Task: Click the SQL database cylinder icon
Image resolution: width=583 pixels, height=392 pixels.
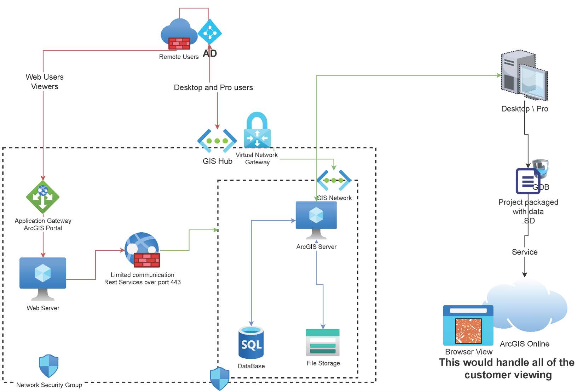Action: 251,342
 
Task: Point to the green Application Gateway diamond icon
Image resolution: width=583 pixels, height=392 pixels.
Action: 43,197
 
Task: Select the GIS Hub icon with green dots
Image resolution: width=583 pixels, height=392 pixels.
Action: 217,141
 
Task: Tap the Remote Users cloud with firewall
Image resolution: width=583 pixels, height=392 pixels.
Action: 179,35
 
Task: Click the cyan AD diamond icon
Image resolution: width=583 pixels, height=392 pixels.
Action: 210,33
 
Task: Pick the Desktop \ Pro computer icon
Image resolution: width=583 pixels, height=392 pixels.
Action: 524,75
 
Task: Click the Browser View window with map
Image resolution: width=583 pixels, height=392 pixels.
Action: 468,325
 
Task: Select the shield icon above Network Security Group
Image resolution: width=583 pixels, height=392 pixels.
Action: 48,366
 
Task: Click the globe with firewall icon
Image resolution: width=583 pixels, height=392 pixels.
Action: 142,250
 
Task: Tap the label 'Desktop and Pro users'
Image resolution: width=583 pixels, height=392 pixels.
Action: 213,87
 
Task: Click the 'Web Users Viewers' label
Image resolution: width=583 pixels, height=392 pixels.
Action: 45,82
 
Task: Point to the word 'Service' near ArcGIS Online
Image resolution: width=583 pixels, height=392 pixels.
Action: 524,252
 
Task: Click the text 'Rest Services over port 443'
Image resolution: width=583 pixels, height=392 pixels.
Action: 142,282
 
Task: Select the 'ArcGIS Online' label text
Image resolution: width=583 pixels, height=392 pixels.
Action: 524,343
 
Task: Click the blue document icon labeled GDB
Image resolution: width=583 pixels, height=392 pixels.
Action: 527,181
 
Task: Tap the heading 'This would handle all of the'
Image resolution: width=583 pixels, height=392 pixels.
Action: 507,362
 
